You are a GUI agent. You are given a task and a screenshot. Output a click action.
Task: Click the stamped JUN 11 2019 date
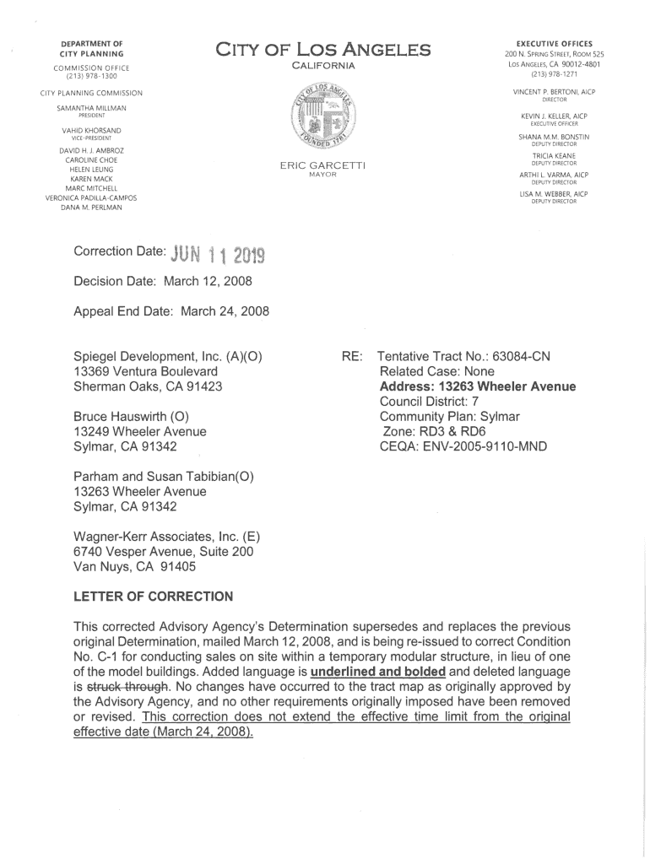pyautogui.click(x=218, y=253)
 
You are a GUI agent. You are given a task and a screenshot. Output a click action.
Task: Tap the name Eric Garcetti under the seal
pyautogui.click(x=323, y=165)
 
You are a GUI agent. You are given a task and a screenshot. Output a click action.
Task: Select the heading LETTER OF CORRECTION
pyautogui.click(x=154, y=597)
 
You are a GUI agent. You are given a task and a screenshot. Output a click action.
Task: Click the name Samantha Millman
pyautogui.click(x=91, y=109)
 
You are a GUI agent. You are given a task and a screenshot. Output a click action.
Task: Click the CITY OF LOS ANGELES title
pyautogui.click(x=324, y=51)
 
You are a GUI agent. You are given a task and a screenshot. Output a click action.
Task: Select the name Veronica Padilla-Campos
pyautogui.click(x=91, y=197)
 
